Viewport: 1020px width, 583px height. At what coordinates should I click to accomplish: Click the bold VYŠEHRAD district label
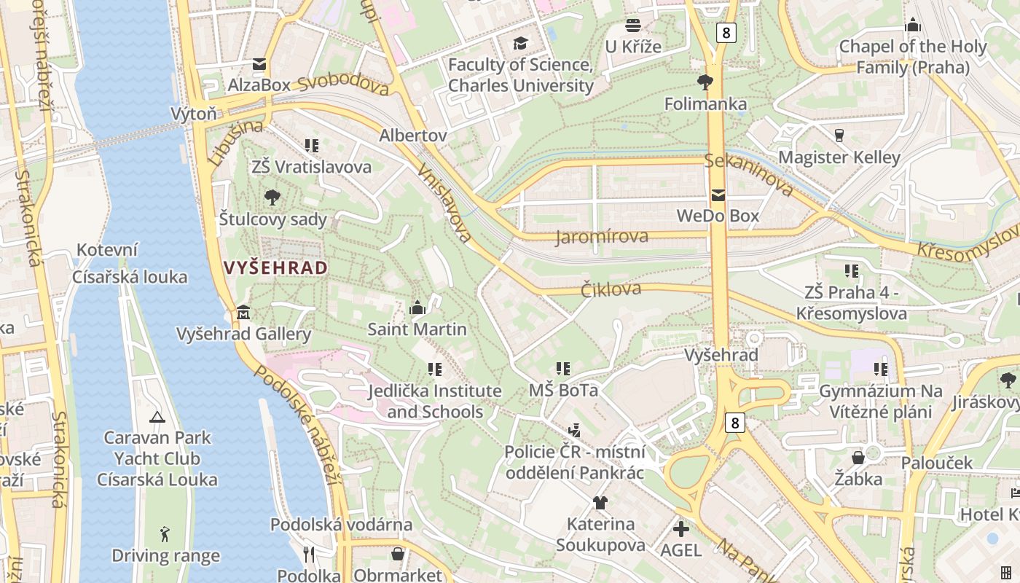tap(275, 268)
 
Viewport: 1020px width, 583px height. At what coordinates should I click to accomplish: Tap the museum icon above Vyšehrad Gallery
tap(243, 313)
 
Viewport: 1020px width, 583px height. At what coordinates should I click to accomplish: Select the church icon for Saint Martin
tap(417, 308)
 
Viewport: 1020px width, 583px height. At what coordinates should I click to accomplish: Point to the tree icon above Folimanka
tap(705, 82)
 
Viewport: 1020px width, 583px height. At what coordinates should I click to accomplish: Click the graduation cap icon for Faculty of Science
tap(520, 43)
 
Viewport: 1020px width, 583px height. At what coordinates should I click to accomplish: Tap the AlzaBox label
tap(259, 85)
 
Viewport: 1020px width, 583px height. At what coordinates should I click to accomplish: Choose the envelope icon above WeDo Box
tap(718, 195)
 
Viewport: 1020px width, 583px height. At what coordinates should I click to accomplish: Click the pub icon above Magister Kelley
tap(839, 135)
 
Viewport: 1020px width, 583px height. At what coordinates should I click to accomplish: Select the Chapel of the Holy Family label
tap(912, 57)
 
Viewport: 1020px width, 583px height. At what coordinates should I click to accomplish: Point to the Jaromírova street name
tap(602, 237)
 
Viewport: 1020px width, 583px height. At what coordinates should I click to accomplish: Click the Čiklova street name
tap(611, 289)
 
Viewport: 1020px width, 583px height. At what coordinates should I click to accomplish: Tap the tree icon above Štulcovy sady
tap(272, 197)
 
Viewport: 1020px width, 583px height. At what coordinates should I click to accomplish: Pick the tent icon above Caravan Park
tap(157, 417)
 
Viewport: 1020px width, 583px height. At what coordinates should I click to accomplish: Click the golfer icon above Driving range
tap(165, 534)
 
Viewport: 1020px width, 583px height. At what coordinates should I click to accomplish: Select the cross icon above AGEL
tap(681, 528)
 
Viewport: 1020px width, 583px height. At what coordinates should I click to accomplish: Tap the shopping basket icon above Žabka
tap(858, 458)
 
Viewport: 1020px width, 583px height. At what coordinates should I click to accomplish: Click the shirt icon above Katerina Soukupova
tap(600, 502)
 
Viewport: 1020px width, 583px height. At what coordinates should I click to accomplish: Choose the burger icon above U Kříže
tap(632, 26)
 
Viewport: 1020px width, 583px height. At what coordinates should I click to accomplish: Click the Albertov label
tap(413, 136)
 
